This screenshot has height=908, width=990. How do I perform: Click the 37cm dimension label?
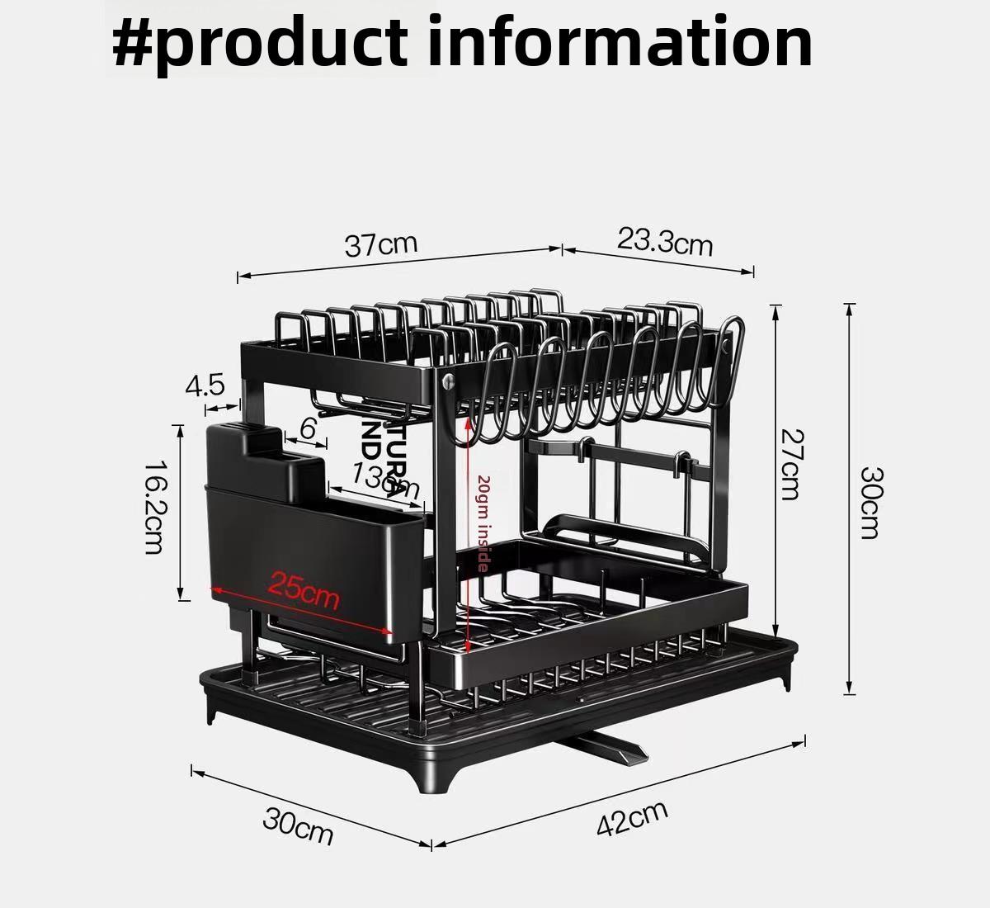pyautogui.click(x=381, y=244)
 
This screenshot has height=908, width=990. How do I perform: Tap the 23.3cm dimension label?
pyautogui.click(x=665, y=241)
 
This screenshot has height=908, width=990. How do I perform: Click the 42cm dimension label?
pyautogui.click(x=632, y=818)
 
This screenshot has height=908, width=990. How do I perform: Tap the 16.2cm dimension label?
pyautogui.click(x=154, y=507)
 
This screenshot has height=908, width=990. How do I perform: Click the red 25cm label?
pyautogui.click(x=304, y=589)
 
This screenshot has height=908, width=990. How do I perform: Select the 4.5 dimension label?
pyautogui.click(x=205, y=385)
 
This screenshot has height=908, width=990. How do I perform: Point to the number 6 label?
pyautogui.click(x=308, y=429)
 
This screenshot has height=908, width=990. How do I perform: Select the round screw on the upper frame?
pyautogui.click(x=449, y=381)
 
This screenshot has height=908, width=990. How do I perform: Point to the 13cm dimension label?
pyautogui.click(x=385, y=479)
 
